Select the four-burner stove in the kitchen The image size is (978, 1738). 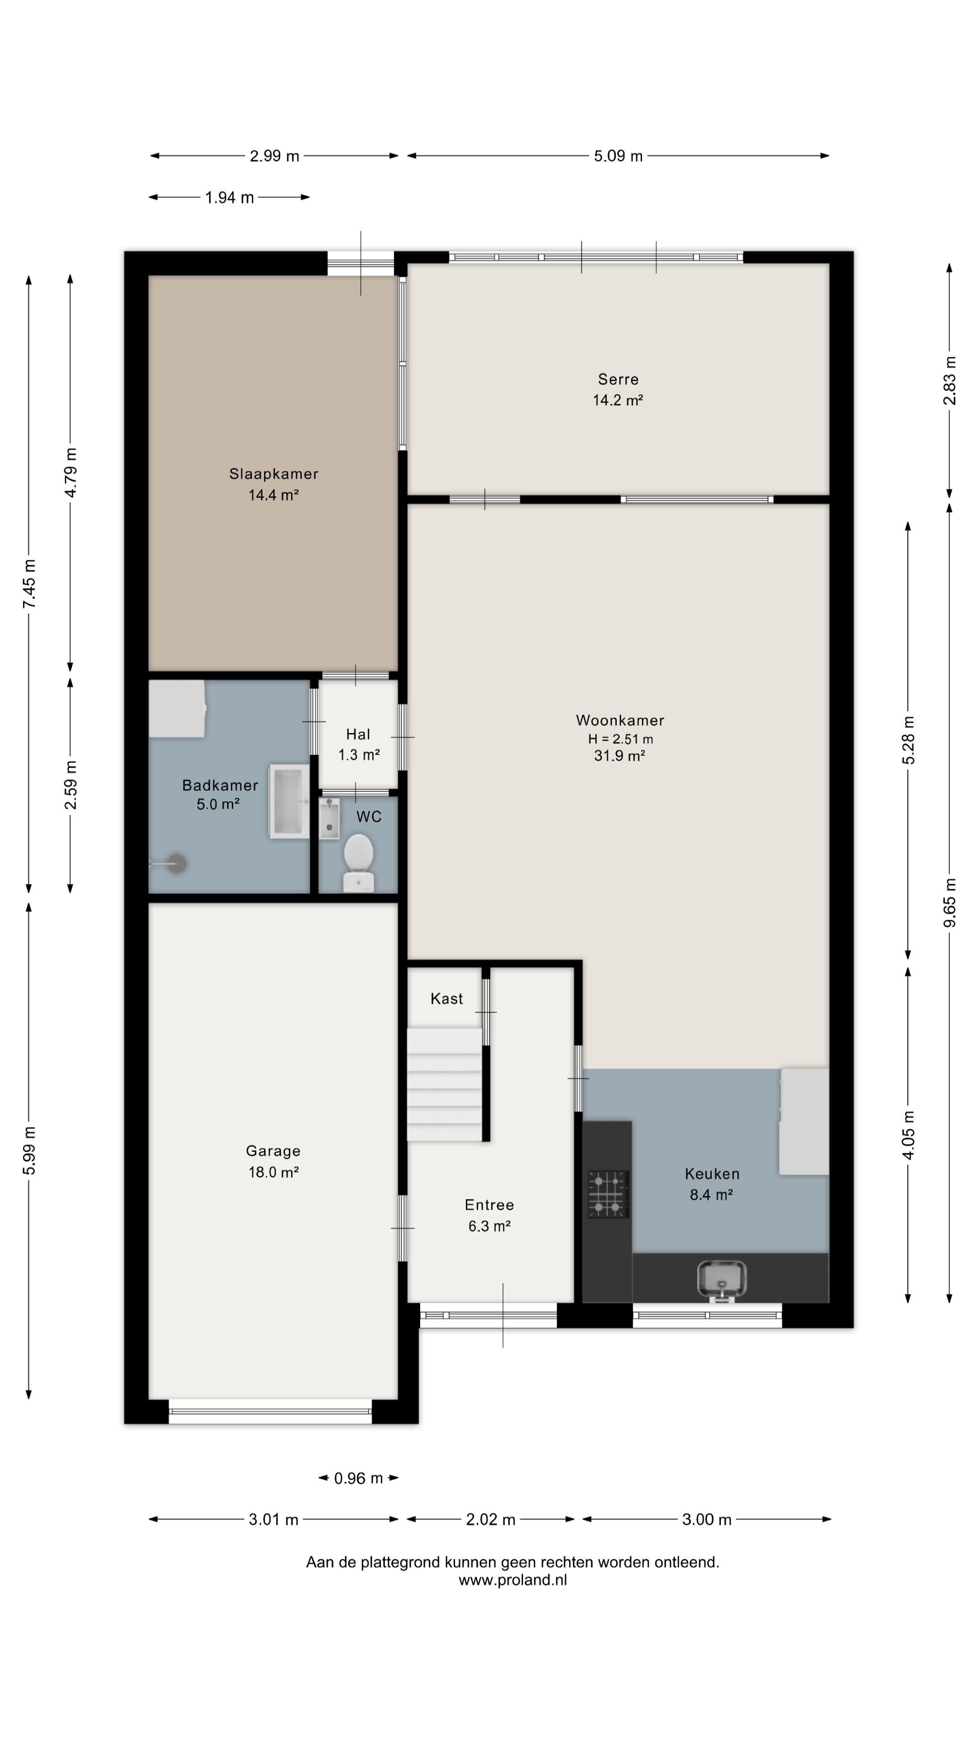coord(608,1194)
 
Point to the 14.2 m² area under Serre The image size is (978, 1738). coord(618,400)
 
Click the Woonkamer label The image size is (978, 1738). coord(619,720)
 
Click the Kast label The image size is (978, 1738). coord(447,998)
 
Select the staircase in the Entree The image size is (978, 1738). coord(444,1085)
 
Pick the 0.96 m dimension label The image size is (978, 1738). coord(359,1478)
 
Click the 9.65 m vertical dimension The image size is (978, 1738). coord(949,902)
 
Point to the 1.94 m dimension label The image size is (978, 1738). coord(230,197)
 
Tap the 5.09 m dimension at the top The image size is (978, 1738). coord(618,156)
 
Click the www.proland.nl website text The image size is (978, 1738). coord(513,1580)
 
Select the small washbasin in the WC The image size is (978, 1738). coord(329,818)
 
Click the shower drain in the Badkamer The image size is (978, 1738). coord(177,863)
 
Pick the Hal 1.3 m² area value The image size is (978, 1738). coord(359,754)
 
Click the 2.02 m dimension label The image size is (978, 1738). coord(491,1519)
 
